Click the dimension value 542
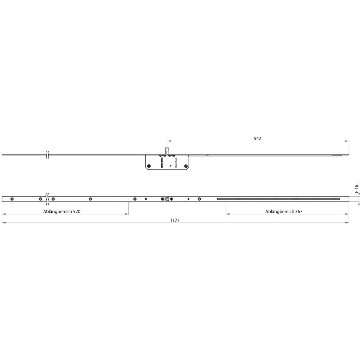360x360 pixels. pos(257,139)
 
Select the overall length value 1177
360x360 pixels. pos(175,220)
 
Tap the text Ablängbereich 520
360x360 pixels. pos(62,211)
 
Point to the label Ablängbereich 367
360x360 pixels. pos(284,211)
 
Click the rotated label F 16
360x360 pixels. pos(356,188)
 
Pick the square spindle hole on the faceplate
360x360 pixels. pos(167,199)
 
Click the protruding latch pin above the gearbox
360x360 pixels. pos(167,151)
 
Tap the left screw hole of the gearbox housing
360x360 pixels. pos(149,166)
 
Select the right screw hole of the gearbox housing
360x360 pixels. pos(186,166)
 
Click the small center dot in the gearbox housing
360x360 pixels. pos(171,165)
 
